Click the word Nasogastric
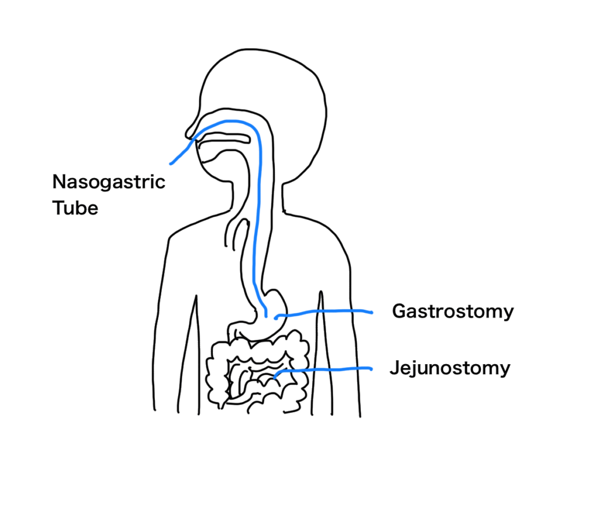tap(108, 183)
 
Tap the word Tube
tap(75, 208)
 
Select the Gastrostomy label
tap(452, 313)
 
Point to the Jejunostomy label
tap(450, 369)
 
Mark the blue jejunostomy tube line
tap(323, 369)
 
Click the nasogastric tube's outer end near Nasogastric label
tap(171, 164)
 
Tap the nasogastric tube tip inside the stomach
tap(266, 316)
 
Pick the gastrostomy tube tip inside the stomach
tap(276, 317)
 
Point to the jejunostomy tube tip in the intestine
tap(274, 377)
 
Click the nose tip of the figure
tap(187, 134)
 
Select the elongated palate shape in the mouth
tap(224, 138)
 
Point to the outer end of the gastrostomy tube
tap(372, 313)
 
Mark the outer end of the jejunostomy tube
tap(371, 368)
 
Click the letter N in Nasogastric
tap(59, 181)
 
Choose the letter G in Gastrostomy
tap(400, 311)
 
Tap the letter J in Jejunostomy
tap(394, 368)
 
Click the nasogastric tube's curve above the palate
tap(231, 122)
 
